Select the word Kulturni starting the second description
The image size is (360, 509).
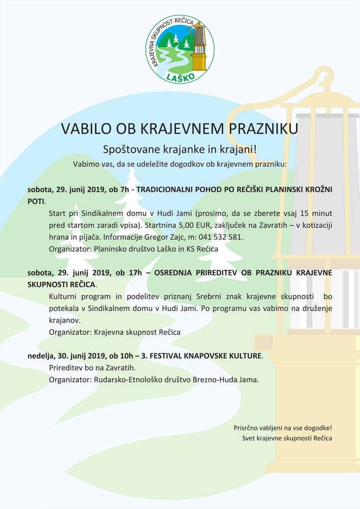click(x=64, y=296)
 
